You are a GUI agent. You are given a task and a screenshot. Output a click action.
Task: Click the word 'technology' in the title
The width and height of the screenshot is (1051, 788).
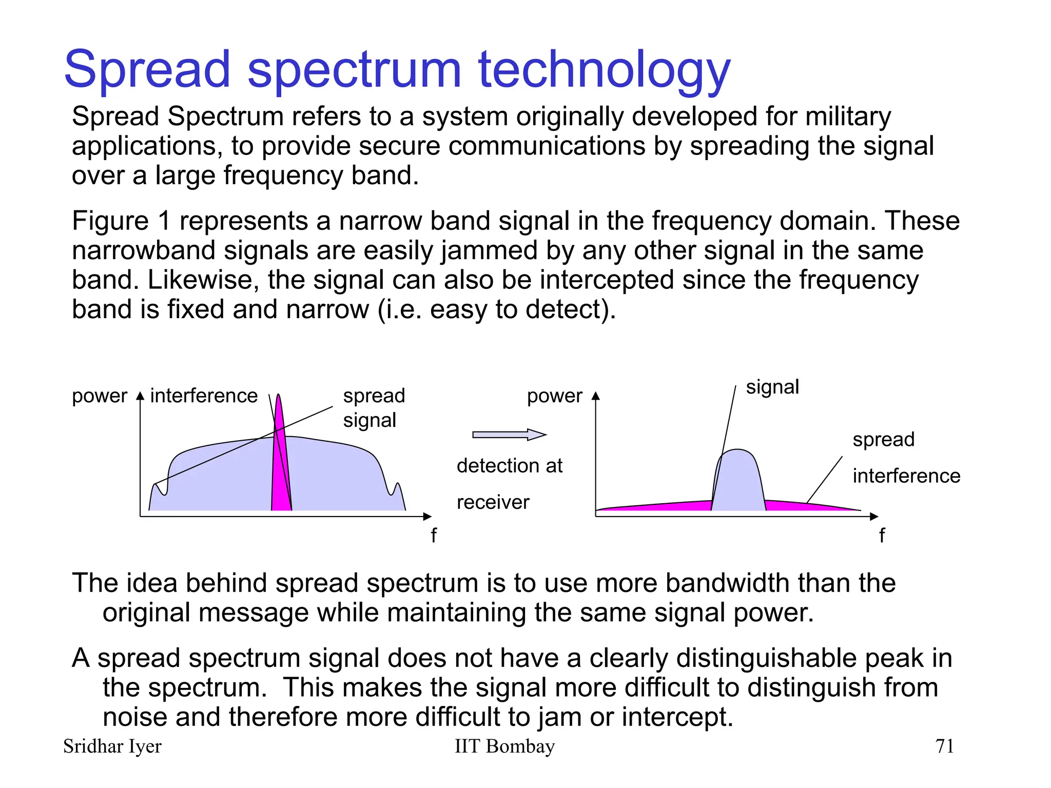(x=604, y=70)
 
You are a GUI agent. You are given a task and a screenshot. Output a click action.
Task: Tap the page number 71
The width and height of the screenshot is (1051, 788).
(x=944, y=746)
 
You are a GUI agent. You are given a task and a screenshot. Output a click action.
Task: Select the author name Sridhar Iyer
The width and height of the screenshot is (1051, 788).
(x=112, y=746)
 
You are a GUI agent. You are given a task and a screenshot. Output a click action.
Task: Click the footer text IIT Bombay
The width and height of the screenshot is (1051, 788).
(x=504, y=746)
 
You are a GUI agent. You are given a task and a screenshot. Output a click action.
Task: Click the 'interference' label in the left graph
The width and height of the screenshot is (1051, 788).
(x=204, y=396)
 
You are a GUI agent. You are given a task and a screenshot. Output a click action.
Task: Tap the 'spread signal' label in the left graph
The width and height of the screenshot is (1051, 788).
(x=374, y=408)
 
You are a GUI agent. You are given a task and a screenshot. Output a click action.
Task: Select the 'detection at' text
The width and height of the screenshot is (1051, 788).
(x=509, y=466)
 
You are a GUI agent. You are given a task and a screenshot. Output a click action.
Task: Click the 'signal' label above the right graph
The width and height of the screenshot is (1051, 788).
(x=772, y=387)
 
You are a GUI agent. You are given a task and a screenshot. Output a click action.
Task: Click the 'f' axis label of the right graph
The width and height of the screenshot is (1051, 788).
(x=882, y=536)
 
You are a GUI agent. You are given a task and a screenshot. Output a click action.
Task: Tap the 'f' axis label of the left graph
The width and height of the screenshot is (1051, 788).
(x=434, y=536)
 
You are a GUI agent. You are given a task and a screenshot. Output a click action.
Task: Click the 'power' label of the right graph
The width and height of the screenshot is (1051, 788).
(x=554, y=396)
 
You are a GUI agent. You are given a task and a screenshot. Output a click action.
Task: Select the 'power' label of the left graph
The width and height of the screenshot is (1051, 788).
(x=99, y=396)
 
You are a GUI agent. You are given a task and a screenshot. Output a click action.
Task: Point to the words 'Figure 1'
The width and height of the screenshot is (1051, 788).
(x=121, y=221)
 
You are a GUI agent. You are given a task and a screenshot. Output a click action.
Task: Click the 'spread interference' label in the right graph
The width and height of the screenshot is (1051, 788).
(x=906, y=458)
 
